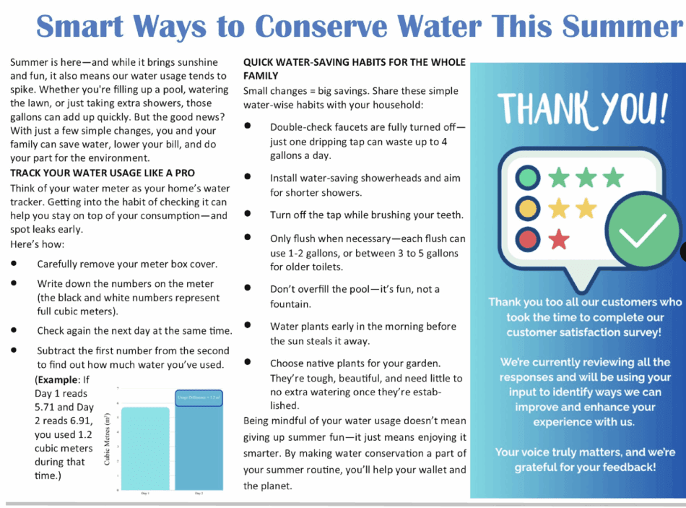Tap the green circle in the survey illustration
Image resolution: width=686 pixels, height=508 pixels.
529,177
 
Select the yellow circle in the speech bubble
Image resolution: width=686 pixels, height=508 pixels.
529,208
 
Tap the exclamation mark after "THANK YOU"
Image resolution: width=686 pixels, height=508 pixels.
661,109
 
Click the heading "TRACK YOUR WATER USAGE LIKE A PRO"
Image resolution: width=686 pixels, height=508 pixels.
102,173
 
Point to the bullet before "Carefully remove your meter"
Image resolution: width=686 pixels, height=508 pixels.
14,264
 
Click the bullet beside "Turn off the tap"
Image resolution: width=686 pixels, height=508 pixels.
248,215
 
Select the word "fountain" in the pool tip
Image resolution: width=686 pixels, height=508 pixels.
290,304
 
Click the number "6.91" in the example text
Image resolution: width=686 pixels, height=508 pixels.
80,421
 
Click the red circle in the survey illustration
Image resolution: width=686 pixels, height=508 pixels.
529,239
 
